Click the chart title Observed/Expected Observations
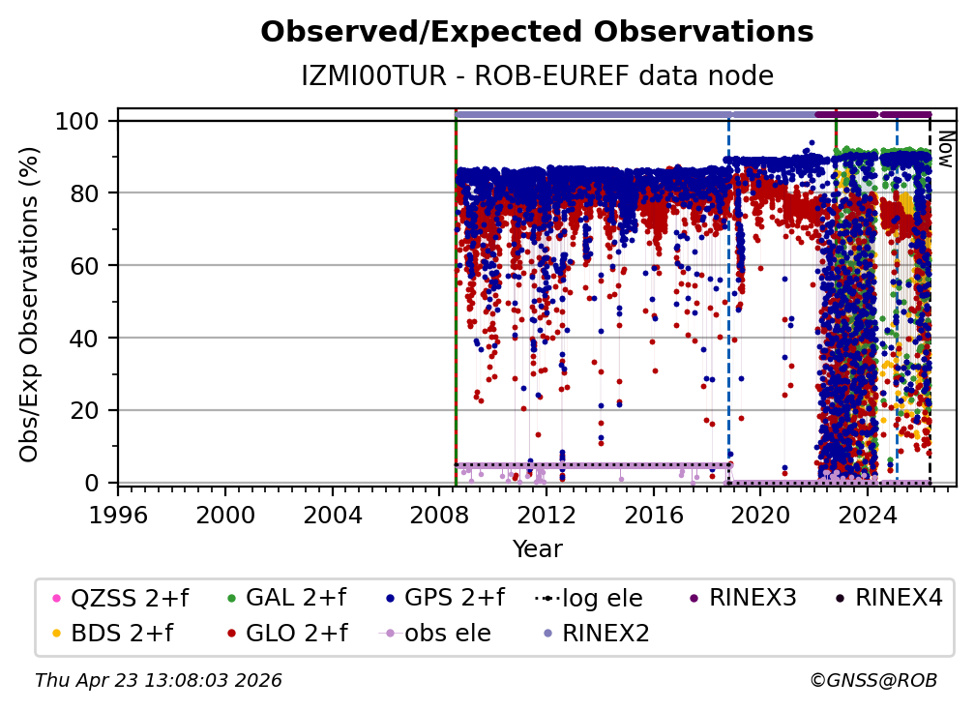(x=537, y=32)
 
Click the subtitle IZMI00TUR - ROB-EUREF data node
(x=537, y=75)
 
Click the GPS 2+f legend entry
(x=455, y=598)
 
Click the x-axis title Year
(x=537, y=548)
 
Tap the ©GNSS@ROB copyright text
(x=872, y=681)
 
